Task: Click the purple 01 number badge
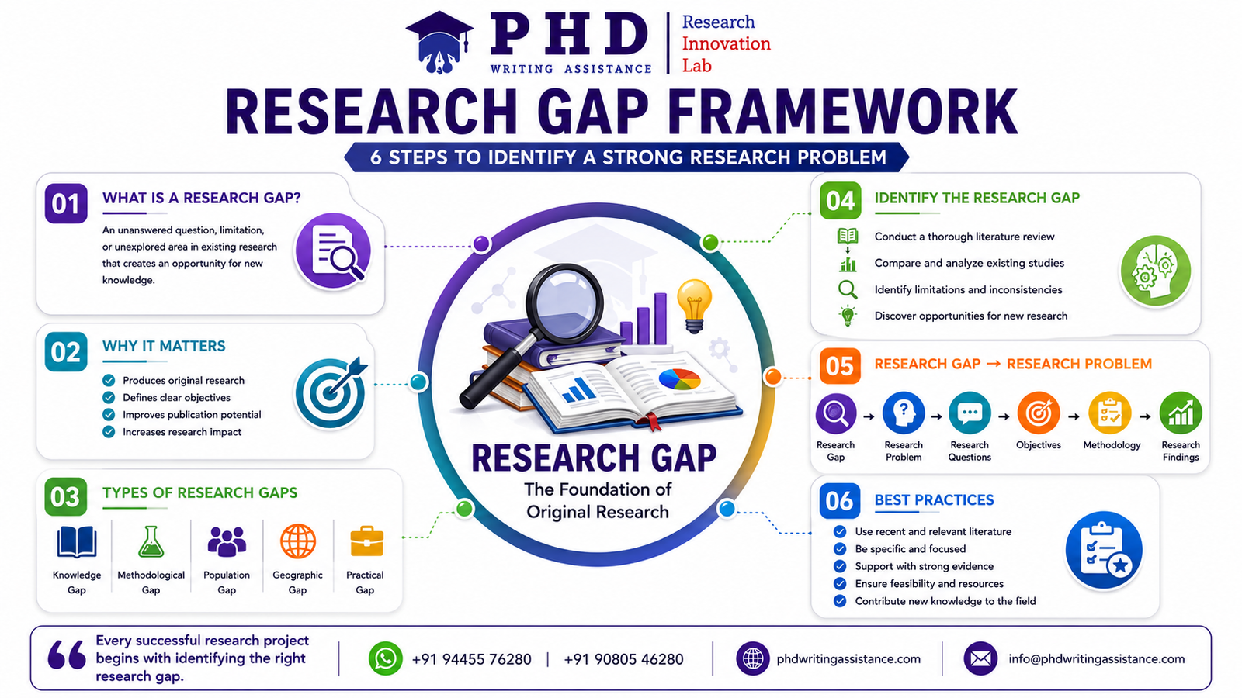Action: pyautogui.click(x=66, y=203)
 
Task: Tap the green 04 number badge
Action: pyautogui.click(x=841, y=201)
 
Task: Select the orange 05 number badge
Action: pyautogui.click(x=840, y=366)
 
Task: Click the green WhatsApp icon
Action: pyautogui.click(x=385, y=658)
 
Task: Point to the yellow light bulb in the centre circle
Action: pyautogui.click(x=694, y=306)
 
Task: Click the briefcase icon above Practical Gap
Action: pyautogui.click(x=366, y=541)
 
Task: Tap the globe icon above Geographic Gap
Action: pyautogui.click(x=298, y=541)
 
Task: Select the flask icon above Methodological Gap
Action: pyautogui.click(x=151, y=541)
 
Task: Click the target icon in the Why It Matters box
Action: pyautogui.click(x=331, y=392)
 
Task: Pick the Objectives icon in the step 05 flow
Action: pyautogui.click(x=1039, y=413)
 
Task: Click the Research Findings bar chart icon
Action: pyautogui.click(x=1181, y=413)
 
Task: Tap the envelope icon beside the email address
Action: pyautogui.click(x=980, y=658)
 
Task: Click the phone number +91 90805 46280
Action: pyautogui.click(x=623, y=659)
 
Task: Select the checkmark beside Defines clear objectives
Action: pyautogui.click(x=109, y=397)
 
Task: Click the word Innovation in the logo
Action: pyautogui.click(x=726, y=43)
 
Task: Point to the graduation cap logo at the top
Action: pyautogui.click(x=439, y=42)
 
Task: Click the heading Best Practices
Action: pyautogui.click(x=934, y=499)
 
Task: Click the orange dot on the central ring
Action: pyautogui.click(x=772, y=377)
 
